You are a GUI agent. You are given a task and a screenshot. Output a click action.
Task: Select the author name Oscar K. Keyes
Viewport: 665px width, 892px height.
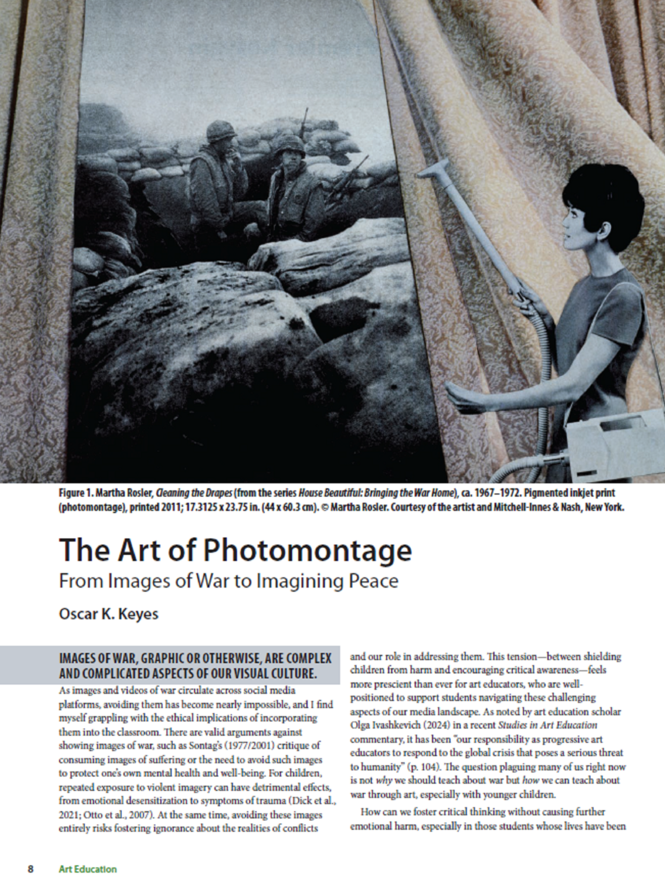point(109,614)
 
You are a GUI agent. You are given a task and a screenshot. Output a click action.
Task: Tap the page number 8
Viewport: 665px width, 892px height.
point(31,869)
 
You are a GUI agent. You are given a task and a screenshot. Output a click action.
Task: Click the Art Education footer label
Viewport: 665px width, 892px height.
point(88,869)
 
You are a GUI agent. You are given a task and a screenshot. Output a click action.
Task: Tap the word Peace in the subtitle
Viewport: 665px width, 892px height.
point(373,581)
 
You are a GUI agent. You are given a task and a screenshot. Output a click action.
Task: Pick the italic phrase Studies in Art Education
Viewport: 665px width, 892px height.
point(548,725)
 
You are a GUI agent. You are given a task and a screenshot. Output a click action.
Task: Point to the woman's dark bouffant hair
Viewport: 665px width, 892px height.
point(604,193)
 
